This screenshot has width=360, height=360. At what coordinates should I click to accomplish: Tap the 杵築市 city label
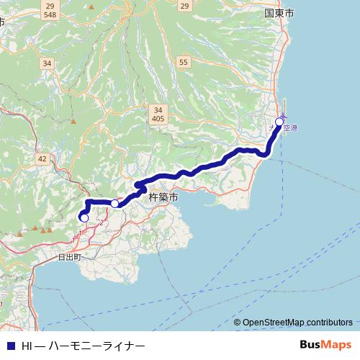162,196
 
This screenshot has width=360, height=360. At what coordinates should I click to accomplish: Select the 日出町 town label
70,256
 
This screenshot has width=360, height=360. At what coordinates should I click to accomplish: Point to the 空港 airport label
290,127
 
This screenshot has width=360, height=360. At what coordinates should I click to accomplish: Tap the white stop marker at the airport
279,122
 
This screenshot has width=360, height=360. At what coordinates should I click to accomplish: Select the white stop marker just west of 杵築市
114,204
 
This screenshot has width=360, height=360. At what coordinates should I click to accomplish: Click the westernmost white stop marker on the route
84,217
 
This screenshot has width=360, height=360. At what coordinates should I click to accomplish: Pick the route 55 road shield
184,63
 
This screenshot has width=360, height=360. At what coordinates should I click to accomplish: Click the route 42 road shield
42,159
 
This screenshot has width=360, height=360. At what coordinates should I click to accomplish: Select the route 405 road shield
158,118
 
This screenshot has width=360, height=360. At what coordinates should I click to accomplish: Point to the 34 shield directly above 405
158,109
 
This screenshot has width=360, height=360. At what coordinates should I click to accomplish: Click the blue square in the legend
10,346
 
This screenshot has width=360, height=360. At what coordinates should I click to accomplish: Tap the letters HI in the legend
27,346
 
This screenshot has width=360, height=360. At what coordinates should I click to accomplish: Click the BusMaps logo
325,345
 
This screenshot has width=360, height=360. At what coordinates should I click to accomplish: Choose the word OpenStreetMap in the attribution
273,323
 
